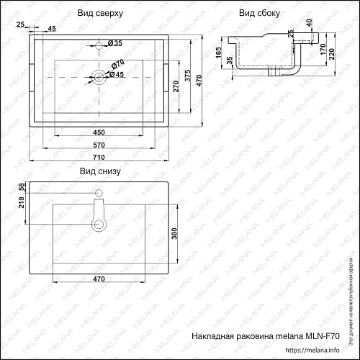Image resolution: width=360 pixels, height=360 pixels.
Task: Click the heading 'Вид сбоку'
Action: [x=256, y=13]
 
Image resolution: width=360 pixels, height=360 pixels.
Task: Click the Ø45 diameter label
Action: [x=116, y=75]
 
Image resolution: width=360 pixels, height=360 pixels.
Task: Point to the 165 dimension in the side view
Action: [x=218, y=53]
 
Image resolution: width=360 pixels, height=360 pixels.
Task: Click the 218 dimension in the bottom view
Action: [x=21, y=207]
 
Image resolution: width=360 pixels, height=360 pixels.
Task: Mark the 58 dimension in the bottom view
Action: [x=21, y=186]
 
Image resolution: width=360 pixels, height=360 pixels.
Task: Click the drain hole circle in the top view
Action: [x=99, y=76]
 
